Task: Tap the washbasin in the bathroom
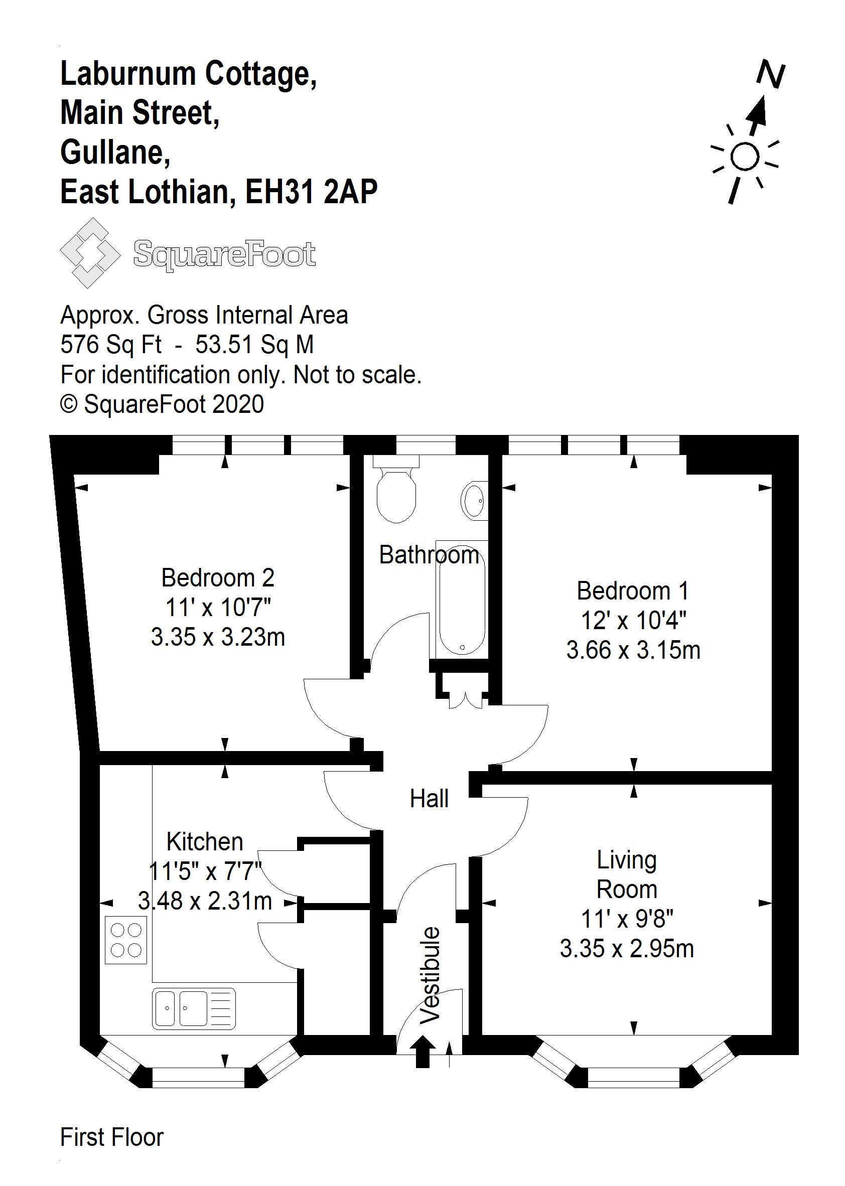click(474, 500)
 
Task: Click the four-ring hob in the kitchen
click(126, 940)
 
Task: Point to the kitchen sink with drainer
click(194, 1008)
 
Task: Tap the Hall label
click(429, 799)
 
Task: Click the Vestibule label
click(431, 975)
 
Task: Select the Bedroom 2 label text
click(217, 577)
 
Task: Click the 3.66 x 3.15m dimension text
click(633, 650)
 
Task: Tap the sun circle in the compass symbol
click(745, 157)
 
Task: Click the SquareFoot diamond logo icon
click(89, 253)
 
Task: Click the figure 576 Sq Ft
click(111, 344)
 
